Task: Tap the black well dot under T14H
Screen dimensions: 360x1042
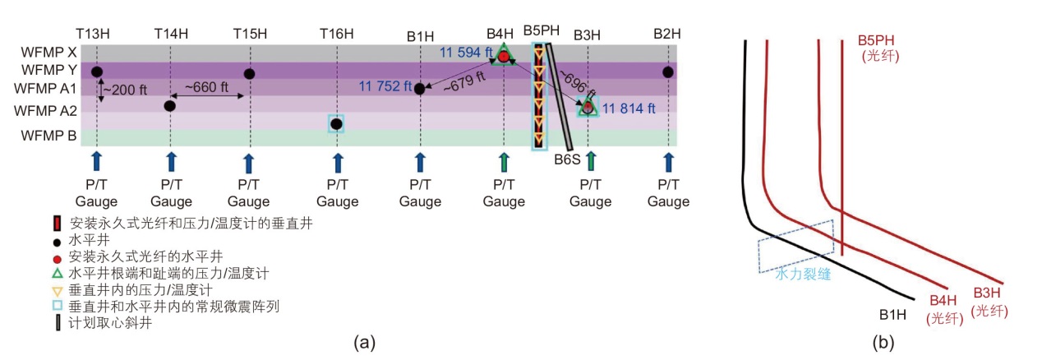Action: pyautogui.click(x=170, y=105)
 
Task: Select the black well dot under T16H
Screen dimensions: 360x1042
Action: pyautogui.click(x=336, y=124)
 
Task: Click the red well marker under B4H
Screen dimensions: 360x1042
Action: pyautogui.click(x=504, y=56)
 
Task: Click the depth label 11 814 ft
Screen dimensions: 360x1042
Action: pyautogui.click(x=629, y=108)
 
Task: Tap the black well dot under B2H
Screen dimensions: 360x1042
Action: pyautogui.click(x=668, y=72)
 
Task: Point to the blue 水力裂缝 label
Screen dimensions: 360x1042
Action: pyautogui.click(x=803, y=275)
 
